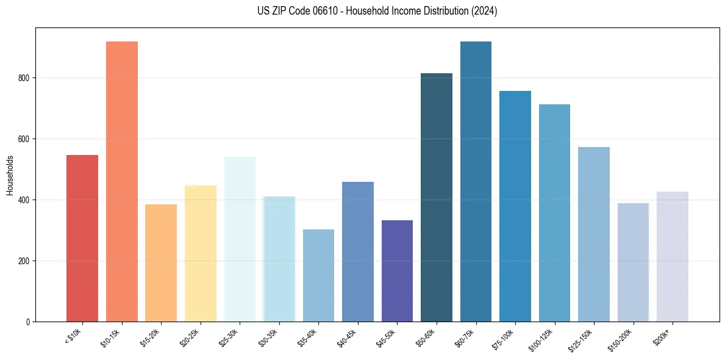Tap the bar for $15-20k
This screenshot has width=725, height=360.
click(161, 263)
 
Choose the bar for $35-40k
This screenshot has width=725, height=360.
click(318, 275)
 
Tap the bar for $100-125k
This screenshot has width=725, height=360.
click(554, 213)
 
